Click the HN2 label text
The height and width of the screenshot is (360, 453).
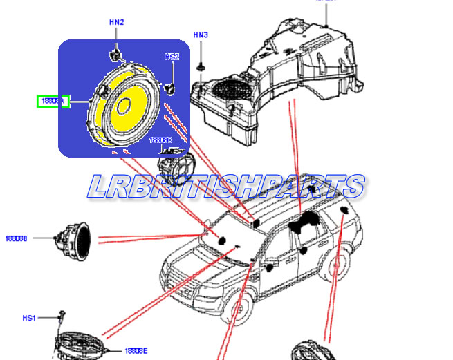pos(116,22)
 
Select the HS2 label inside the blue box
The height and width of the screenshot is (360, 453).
pos(172,57)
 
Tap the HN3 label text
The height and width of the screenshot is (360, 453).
pos(201,35)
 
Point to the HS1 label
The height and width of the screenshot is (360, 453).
pos(28,318)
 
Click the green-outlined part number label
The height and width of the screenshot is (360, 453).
pos(53,101)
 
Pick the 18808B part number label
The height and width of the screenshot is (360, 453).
pos(16,238)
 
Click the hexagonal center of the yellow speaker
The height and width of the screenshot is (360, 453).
pos(124,106)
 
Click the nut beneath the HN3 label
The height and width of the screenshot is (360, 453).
pos(200,67)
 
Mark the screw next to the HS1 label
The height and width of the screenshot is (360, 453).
pos(61,317)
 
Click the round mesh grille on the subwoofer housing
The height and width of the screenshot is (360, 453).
pos(232,89)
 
